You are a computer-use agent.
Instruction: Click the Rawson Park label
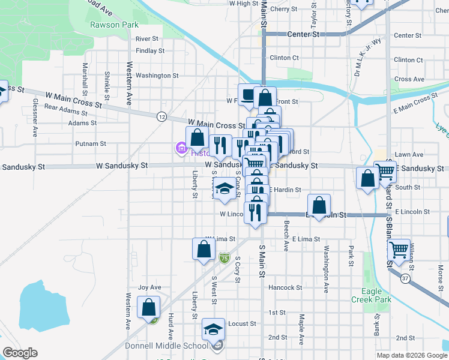point(114,25)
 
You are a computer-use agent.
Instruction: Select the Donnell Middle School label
point(166,346)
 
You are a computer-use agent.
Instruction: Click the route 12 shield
point(161,117)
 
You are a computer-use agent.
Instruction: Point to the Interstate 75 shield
point(224,259)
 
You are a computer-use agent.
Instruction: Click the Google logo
point(20,352)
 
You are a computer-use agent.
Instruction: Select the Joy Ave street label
point(150,287)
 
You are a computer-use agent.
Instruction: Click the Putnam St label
point(91,144)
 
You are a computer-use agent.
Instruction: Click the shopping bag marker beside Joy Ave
point(148,308)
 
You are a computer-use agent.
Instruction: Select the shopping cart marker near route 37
point(398,249)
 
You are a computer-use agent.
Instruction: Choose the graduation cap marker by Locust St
point(213,330)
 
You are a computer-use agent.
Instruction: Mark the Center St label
point(303,35)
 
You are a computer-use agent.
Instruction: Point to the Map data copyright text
point(411,355)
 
